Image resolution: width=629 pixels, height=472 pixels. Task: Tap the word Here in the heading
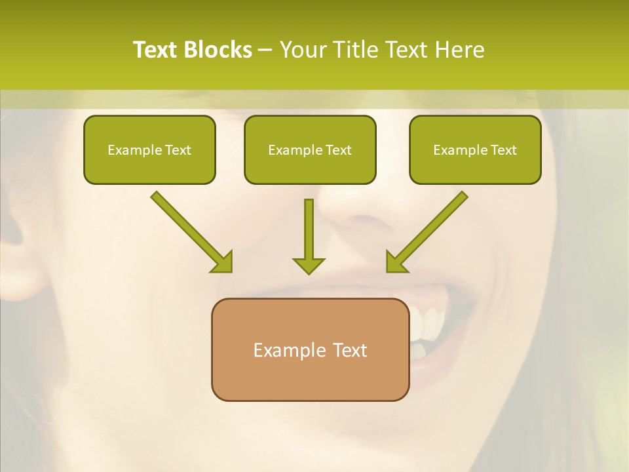[x=462, y=50]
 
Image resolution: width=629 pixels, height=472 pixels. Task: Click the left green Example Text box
[x=149, y=150]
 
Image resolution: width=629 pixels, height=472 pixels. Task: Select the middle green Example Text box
[x=310, y=150]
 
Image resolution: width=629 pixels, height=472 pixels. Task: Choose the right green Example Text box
[x=475, y=150]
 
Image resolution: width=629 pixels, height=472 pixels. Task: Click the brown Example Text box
[x=310, y=349]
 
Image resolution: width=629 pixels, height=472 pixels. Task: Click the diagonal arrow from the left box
[x=190, y=229]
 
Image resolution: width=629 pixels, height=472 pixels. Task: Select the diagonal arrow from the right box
[x=429, y=229]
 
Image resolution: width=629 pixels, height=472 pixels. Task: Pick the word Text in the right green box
[x=503, y=150]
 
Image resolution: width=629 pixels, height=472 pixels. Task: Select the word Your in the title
[x=303, y=50]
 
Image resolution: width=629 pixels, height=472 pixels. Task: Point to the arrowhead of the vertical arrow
[x=309, y=265]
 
